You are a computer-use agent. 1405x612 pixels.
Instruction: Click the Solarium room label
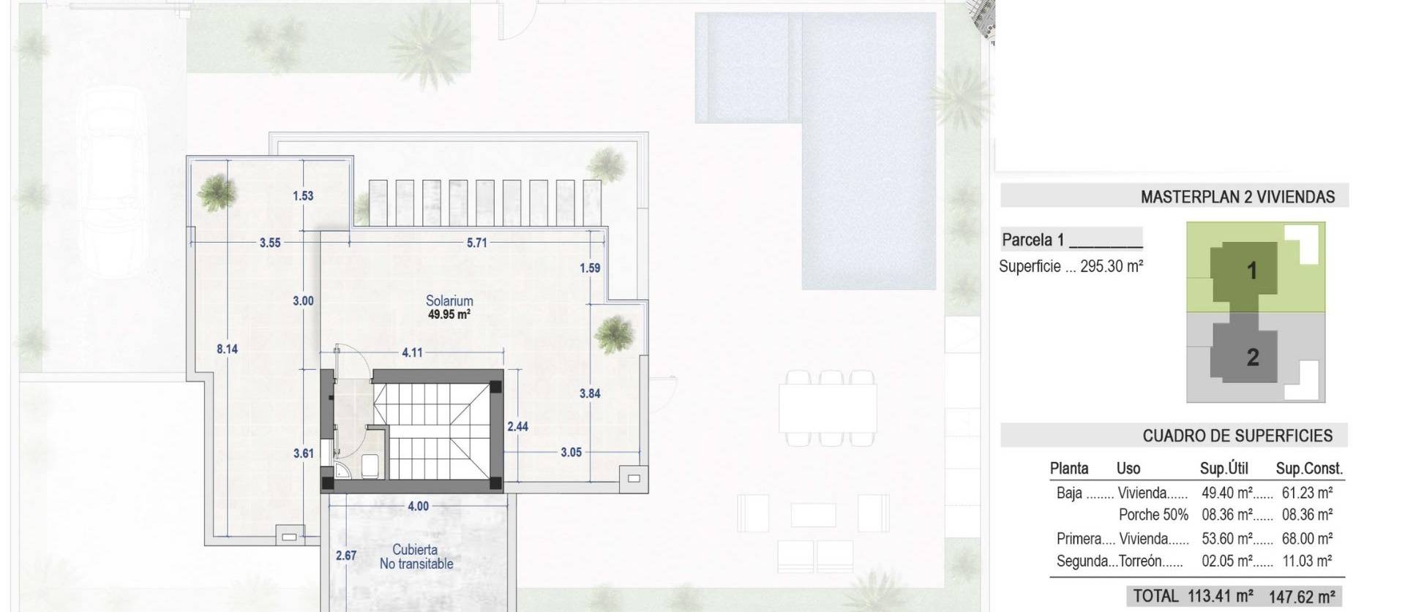(449, 301)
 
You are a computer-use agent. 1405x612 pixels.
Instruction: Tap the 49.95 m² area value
(449, 315)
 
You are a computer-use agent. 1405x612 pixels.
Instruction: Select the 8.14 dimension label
(227, 350)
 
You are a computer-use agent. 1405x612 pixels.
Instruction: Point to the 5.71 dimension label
(476, 243)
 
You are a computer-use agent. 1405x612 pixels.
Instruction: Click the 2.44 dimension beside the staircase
(517, 426)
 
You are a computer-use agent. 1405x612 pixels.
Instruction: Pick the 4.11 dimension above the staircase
(412, 352)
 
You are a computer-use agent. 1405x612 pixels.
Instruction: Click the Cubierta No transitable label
(416, 556)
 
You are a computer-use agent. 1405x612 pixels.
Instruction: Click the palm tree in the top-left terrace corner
(217, 192)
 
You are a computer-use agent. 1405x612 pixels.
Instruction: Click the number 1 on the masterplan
(1252, 271)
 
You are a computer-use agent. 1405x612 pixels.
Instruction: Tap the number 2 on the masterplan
(1253, 358)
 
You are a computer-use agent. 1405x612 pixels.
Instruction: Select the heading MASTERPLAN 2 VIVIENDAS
(1237, 197)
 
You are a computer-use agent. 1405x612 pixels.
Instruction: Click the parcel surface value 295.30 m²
(1111, 266)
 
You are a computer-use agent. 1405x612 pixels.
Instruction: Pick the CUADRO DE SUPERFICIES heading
(1237, 436)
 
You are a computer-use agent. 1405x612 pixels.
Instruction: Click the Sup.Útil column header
(1224, 469)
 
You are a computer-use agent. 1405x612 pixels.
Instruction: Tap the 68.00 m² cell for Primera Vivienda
(1307, 539)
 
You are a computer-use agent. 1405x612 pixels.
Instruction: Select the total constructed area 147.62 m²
(1301, 597)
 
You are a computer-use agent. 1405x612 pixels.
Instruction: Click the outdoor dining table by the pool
(828, 409)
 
